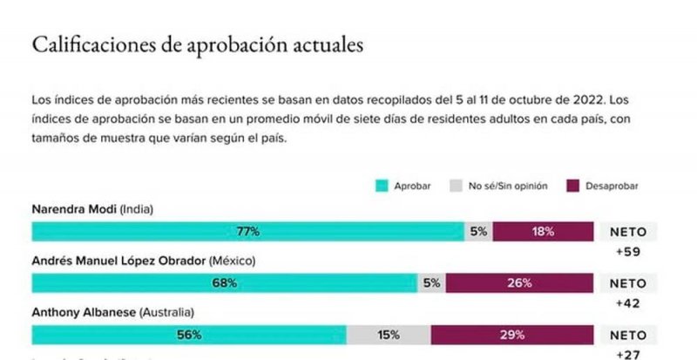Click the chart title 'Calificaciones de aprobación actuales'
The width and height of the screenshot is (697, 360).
(196, 45)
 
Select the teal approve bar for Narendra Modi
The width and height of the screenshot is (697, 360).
(248, 231)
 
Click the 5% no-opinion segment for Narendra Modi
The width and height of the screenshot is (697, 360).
(478, 231)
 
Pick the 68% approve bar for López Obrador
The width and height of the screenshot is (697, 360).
(225, 282)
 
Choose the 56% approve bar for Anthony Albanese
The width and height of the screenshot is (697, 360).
(189, 334)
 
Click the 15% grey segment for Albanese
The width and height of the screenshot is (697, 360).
(389, 334)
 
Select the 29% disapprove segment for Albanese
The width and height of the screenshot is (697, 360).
(513, 334)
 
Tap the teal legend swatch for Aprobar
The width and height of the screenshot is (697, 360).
(381, 186)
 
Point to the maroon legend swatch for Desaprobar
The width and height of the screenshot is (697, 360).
(573, 186)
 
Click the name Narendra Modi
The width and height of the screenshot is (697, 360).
(73, 209)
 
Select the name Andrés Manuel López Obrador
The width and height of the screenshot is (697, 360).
(119, 261)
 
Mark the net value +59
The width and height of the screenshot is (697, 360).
(627, 251)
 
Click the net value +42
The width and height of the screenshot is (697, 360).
(627, 302)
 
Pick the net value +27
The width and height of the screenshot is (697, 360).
(627, 353)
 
